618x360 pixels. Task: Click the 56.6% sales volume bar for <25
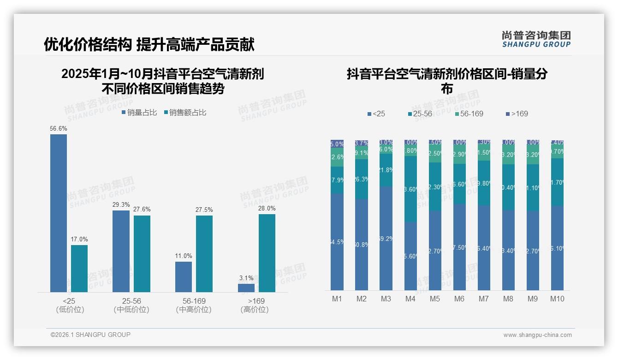59,213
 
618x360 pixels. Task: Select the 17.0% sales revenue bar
79,268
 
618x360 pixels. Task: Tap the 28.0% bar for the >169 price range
267,253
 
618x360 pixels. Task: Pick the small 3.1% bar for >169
246,288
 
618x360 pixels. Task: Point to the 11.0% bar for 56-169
184,277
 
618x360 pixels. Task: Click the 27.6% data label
142,210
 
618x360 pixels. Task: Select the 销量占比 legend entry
139,112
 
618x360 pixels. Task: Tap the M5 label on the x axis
435,299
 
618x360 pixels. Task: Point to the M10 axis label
557,299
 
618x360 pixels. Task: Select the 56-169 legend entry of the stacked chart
469,114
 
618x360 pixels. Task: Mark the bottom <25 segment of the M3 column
386,238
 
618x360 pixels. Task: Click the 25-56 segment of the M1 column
337,180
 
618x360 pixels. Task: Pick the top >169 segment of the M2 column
362,144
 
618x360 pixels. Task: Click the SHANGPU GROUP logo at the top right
536,39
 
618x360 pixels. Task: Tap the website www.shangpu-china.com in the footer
537,335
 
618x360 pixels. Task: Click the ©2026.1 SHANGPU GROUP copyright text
90,335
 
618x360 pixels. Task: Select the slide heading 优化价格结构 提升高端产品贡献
149,44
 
